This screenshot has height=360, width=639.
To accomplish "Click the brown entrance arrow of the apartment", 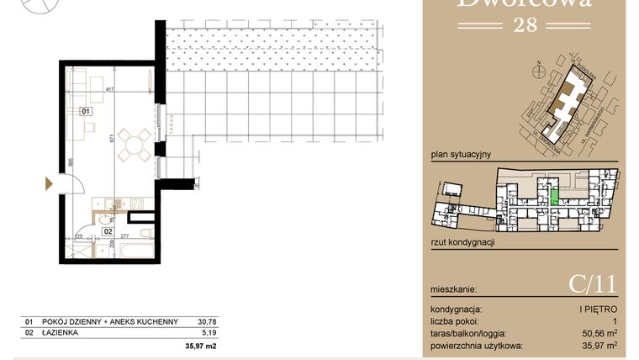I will (x=50, y=183).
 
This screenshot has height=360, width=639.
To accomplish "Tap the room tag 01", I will (x=86, y=110).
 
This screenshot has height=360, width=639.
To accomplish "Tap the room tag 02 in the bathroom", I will (x=108, y=229).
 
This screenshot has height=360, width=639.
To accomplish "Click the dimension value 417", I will (x=109, y=88).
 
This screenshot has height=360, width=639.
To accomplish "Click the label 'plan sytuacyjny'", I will (x=460, y=155).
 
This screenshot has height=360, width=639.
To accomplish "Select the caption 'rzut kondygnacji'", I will (x=462, y=241).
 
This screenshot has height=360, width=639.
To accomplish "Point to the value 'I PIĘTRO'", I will (x=599, y=310).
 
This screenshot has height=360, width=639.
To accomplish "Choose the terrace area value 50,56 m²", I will (x=598, y=333).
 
